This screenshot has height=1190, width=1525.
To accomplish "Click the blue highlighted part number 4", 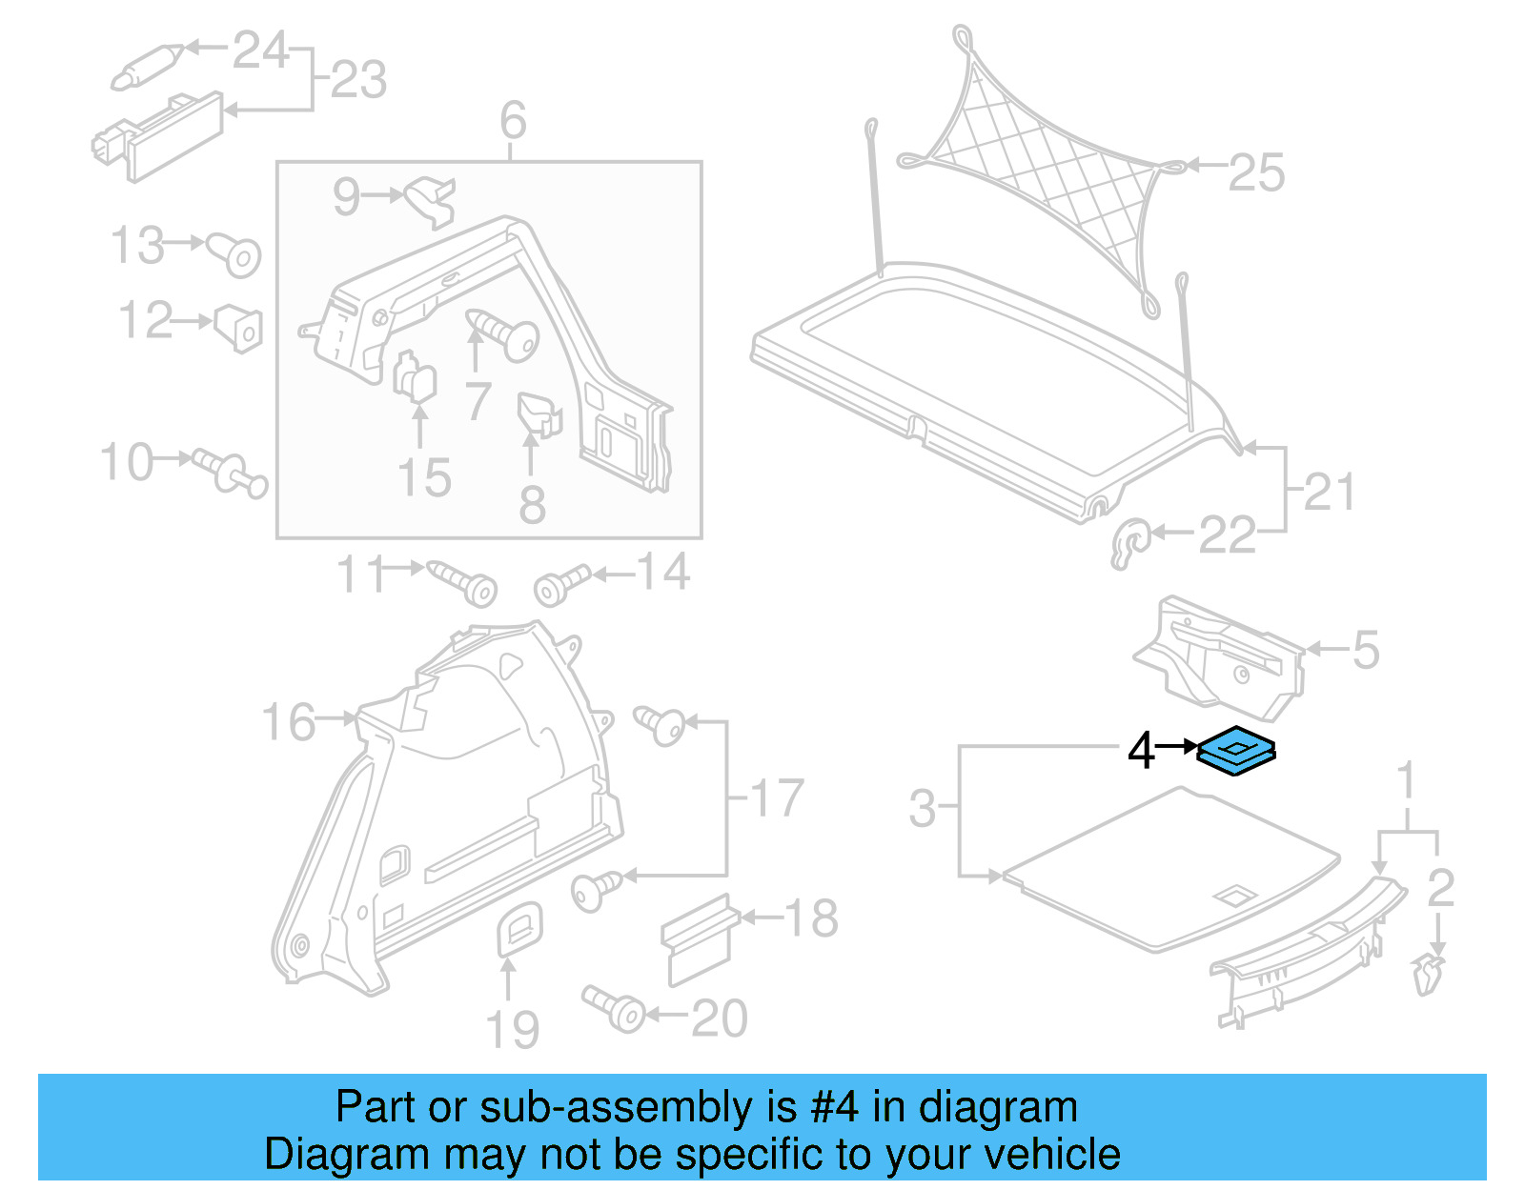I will click(x=1236, y=749).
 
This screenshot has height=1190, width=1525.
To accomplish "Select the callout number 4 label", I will click(x=1141, y=751).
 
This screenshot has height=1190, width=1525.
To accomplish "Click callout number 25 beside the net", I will click(x=1256, y=172).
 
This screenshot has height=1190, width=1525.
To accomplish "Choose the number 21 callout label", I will click(x=1329, y=492).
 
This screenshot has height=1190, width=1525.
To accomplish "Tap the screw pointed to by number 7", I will click(x=505, y=335).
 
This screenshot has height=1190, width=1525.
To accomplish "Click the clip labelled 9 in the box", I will click(x=431, y=200).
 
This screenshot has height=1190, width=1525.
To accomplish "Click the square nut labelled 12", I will click(x=238, y=327).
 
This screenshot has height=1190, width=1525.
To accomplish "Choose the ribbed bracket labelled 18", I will click(x=700, y=938).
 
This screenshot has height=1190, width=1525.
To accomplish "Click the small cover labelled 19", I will click(x=519, y=927).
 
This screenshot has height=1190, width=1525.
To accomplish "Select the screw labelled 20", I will click(x=616, y=1008).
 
